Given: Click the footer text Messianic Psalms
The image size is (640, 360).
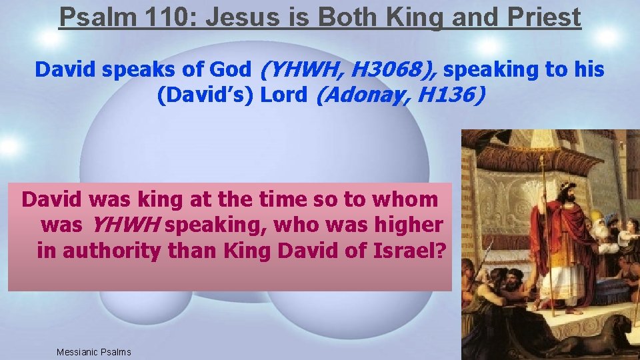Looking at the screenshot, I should click(x=94, y=352).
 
